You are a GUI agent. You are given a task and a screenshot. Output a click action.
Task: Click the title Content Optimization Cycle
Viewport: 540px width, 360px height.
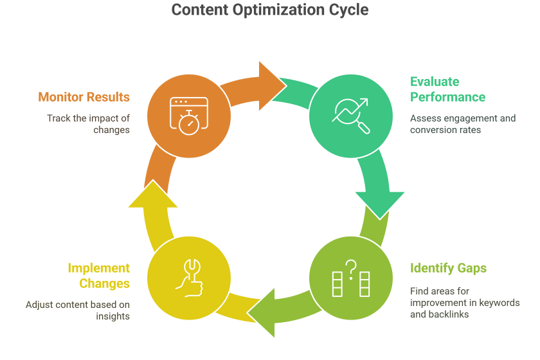(270, 11)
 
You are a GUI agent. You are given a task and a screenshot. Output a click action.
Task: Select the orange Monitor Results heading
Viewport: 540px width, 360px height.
(84, 97)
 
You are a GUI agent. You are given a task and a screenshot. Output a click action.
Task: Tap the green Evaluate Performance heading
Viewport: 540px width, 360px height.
(447, 89)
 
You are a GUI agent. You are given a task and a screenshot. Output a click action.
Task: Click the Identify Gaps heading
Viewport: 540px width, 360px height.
(448, 268)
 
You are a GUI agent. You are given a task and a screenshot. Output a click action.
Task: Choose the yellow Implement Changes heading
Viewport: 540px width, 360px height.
(98, 276)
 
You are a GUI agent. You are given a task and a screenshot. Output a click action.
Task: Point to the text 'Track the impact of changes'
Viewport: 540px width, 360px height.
(88, 124)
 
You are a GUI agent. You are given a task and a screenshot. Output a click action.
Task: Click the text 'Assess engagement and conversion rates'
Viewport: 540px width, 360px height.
(463, 124)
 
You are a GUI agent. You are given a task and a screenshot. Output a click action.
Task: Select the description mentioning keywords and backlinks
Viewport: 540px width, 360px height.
(464, 303)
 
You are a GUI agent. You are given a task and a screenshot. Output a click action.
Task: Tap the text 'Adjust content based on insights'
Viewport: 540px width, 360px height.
(78, 310)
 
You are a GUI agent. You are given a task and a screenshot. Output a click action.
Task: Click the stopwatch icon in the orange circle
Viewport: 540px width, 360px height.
(188, 117)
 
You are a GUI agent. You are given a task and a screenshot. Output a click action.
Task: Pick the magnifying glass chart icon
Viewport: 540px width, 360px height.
(351, 116)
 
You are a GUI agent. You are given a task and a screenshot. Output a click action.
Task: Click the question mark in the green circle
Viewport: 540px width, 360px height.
(351, 270)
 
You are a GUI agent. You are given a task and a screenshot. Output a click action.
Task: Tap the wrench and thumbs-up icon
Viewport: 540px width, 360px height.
(188, 278)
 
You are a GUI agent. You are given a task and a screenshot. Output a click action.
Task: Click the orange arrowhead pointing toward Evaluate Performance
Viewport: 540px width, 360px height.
(272, 84)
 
